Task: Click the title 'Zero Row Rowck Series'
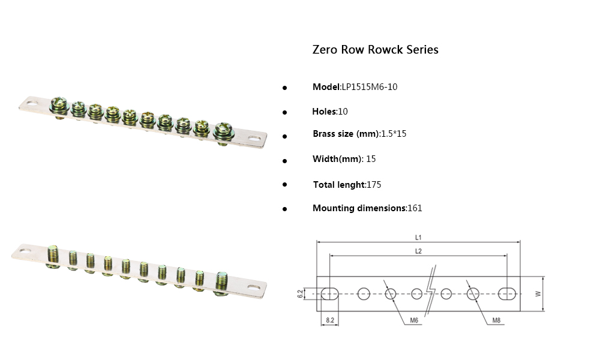tap(375, 50)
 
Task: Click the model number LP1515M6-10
tap(369, 87)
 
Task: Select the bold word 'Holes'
tap(325, 112)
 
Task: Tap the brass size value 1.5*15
tap(394, 134)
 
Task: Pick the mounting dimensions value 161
tap(415, 208)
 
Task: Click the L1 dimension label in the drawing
tap(418, 238)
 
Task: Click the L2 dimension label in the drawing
tap(418, 251)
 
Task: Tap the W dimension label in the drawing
tap(538, 293)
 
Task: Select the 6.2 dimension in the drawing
tap(299, 293)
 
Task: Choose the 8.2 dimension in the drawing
tap(329, 321)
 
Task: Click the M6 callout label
tap(414, 321)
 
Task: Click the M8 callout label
tap(496, 321)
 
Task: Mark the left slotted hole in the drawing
tap(329, 293)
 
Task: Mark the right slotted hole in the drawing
tap(507, 293)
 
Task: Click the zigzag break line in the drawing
tap(430, 294)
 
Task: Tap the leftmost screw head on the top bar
tap(61, 105)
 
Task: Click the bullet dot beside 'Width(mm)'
tap(285, 161)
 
